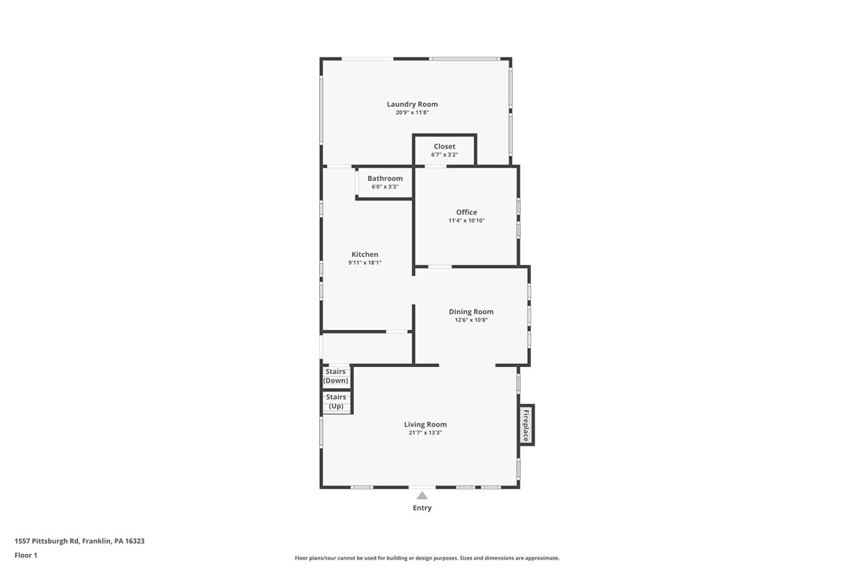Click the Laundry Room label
point(412,105)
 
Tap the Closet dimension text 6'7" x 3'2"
point(444,155)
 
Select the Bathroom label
point(385,178)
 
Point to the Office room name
point(466,212)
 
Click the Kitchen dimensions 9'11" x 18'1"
point(365,262)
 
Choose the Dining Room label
point(471,312)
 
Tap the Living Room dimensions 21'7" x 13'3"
point(425,433)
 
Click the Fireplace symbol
point(526,425)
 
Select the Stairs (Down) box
point(336,376)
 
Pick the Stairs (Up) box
point(336,402)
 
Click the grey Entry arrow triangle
point(422,495)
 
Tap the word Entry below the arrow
point(422,508)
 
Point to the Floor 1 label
point(26,555)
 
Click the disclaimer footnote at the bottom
point(427,558)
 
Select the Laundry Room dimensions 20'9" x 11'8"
point(412,112)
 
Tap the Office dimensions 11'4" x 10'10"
point(466,221)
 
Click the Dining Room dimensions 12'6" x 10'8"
point(471,320)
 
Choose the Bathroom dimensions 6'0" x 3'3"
point(385,187)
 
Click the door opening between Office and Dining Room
point(440,266)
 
